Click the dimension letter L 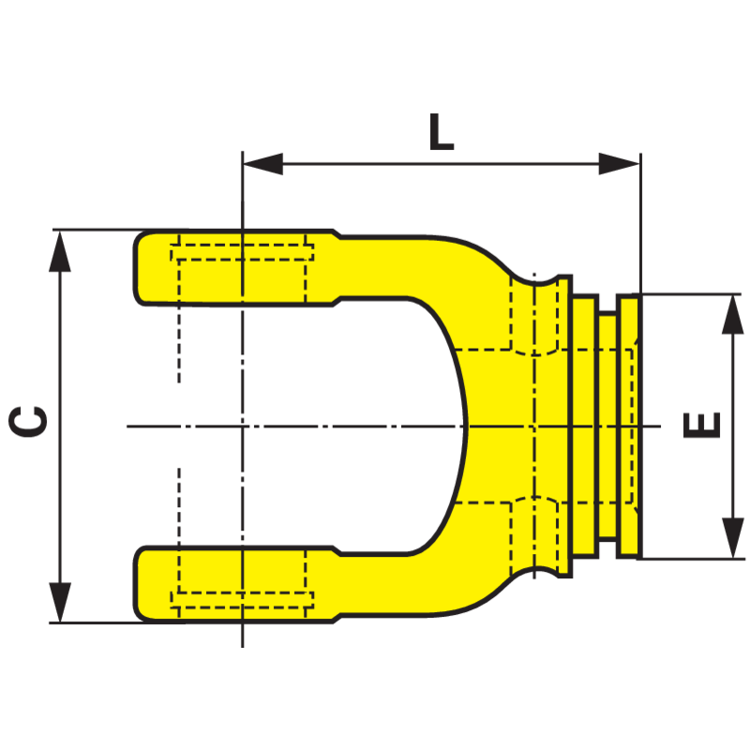tap(441, 132)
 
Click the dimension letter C tap(28, 421)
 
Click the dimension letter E tap(702, 425)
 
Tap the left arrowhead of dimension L tap(263, 164)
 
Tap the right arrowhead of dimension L tap(619, 164)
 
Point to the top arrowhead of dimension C tap(60, 251)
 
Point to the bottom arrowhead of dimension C tap(60, 602)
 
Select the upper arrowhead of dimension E tap(733, 314)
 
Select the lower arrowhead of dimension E tap(733, 537)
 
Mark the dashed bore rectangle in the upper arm tap(242, 252)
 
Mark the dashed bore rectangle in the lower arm tap(242, 600)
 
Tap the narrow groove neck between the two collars tap(607, 426)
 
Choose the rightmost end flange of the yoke tap(629, 426)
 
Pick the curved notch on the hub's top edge tap(534, 280)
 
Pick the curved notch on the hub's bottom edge tap(534, 573)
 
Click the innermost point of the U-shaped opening tap(467, 426)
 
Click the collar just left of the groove tap(585, 426)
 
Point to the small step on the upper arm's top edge tap(337, 233)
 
